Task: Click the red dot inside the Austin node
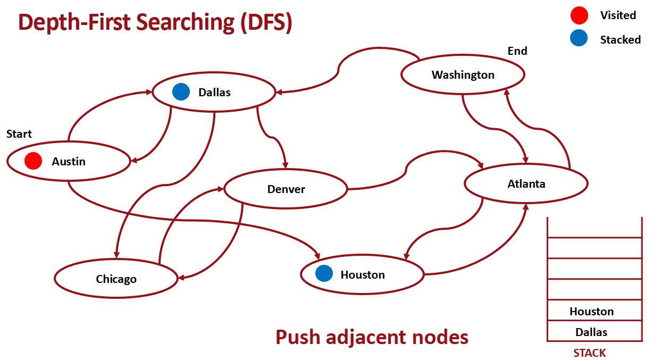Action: (33, 161)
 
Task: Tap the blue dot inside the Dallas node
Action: (181, 92)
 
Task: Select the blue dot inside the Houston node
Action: (324, 274)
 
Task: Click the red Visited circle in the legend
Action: (579, 15)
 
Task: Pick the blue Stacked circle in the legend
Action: (579, 38)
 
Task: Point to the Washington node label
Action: (463, 75)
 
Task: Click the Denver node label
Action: (286, 189)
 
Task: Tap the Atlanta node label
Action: (526, 184)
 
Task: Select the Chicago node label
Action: (116, 279)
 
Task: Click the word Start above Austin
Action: (19, 134)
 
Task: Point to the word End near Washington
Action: (517, 51)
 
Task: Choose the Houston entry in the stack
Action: (591, 312)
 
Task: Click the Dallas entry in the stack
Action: (591, 332)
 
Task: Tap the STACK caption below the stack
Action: (589, 353)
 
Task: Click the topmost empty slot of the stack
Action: (594, 228)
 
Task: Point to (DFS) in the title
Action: (265, 22)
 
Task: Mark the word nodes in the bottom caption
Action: (439, 337)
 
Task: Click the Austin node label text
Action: (69, 162)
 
